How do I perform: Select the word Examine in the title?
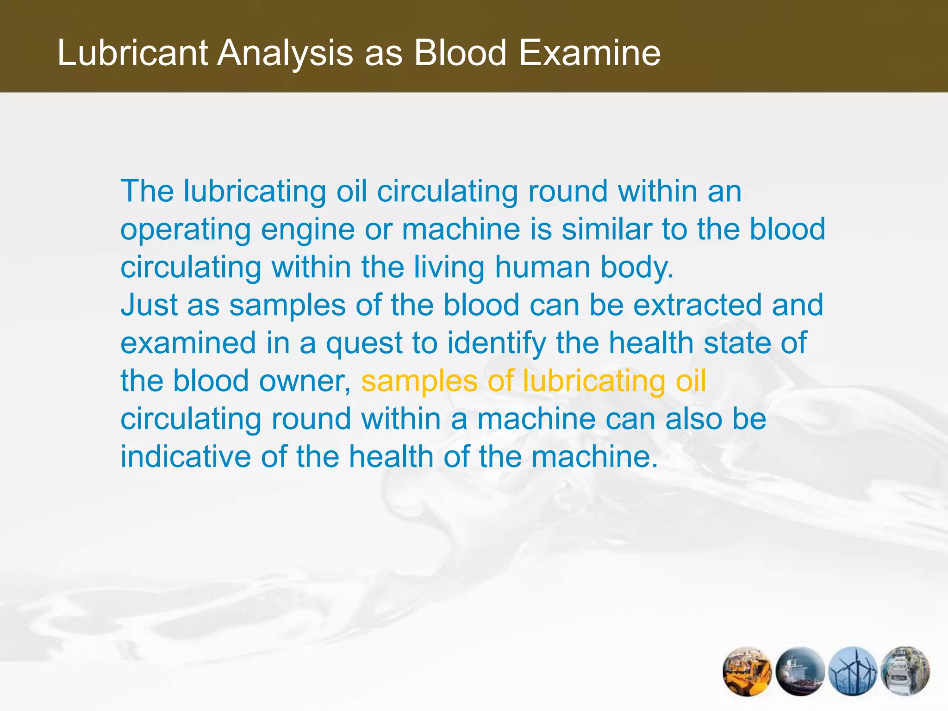[x=589, y=53]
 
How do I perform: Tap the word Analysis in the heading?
[x=286, y=53]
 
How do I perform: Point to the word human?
[x=542, y=268]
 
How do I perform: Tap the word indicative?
[x=186, y=457]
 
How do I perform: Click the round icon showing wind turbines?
[x=853, y=672]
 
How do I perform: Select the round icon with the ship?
[x=800, y=672]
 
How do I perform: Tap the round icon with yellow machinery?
[x=747, y=672]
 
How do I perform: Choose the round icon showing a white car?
[x=905, y=672]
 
